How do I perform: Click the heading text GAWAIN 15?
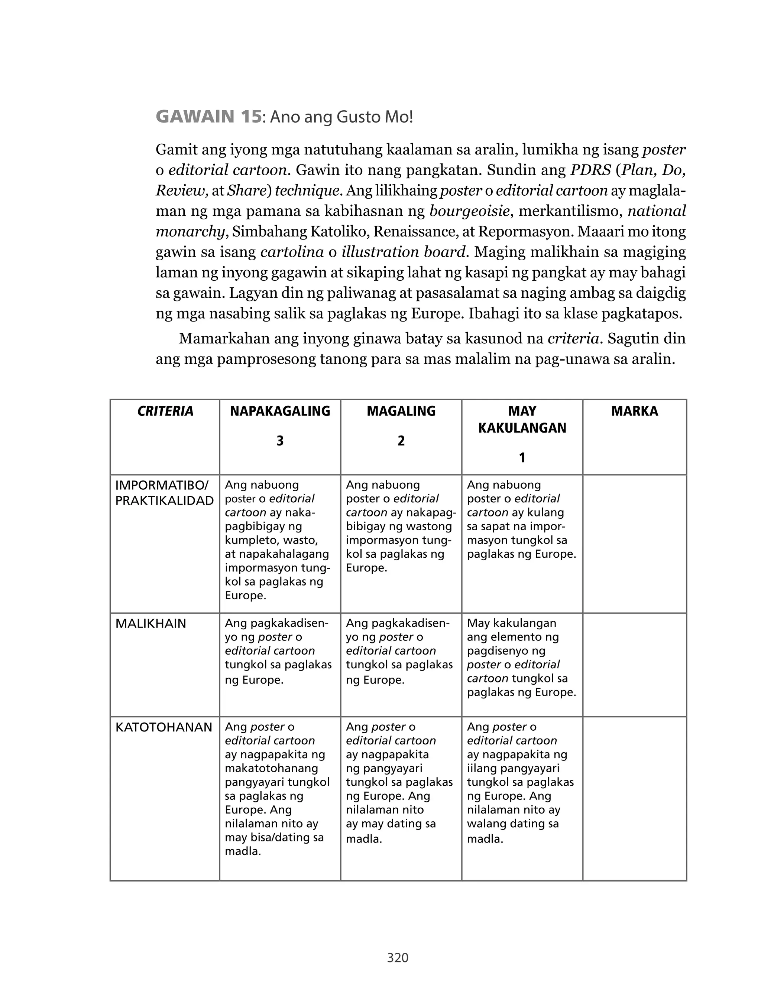click(208, 117)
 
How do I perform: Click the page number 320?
click(398, 958)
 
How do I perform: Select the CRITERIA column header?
click(165, 411)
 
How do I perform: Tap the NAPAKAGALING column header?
click(280, 411)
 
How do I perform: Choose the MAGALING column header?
click(401, 411)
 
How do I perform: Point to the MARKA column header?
click(634, 411)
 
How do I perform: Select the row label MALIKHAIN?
click(151, 623)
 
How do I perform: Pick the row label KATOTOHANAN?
click(163, 727)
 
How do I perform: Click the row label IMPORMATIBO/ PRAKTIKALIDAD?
click(164, 493)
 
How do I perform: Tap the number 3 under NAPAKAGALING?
click(280, 441)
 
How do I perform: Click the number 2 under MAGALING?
click(401, 441)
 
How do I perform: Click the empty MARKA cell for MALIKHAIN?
click(634, 664)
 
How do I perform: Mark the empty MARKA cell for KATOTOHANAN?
click(634, 798)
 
